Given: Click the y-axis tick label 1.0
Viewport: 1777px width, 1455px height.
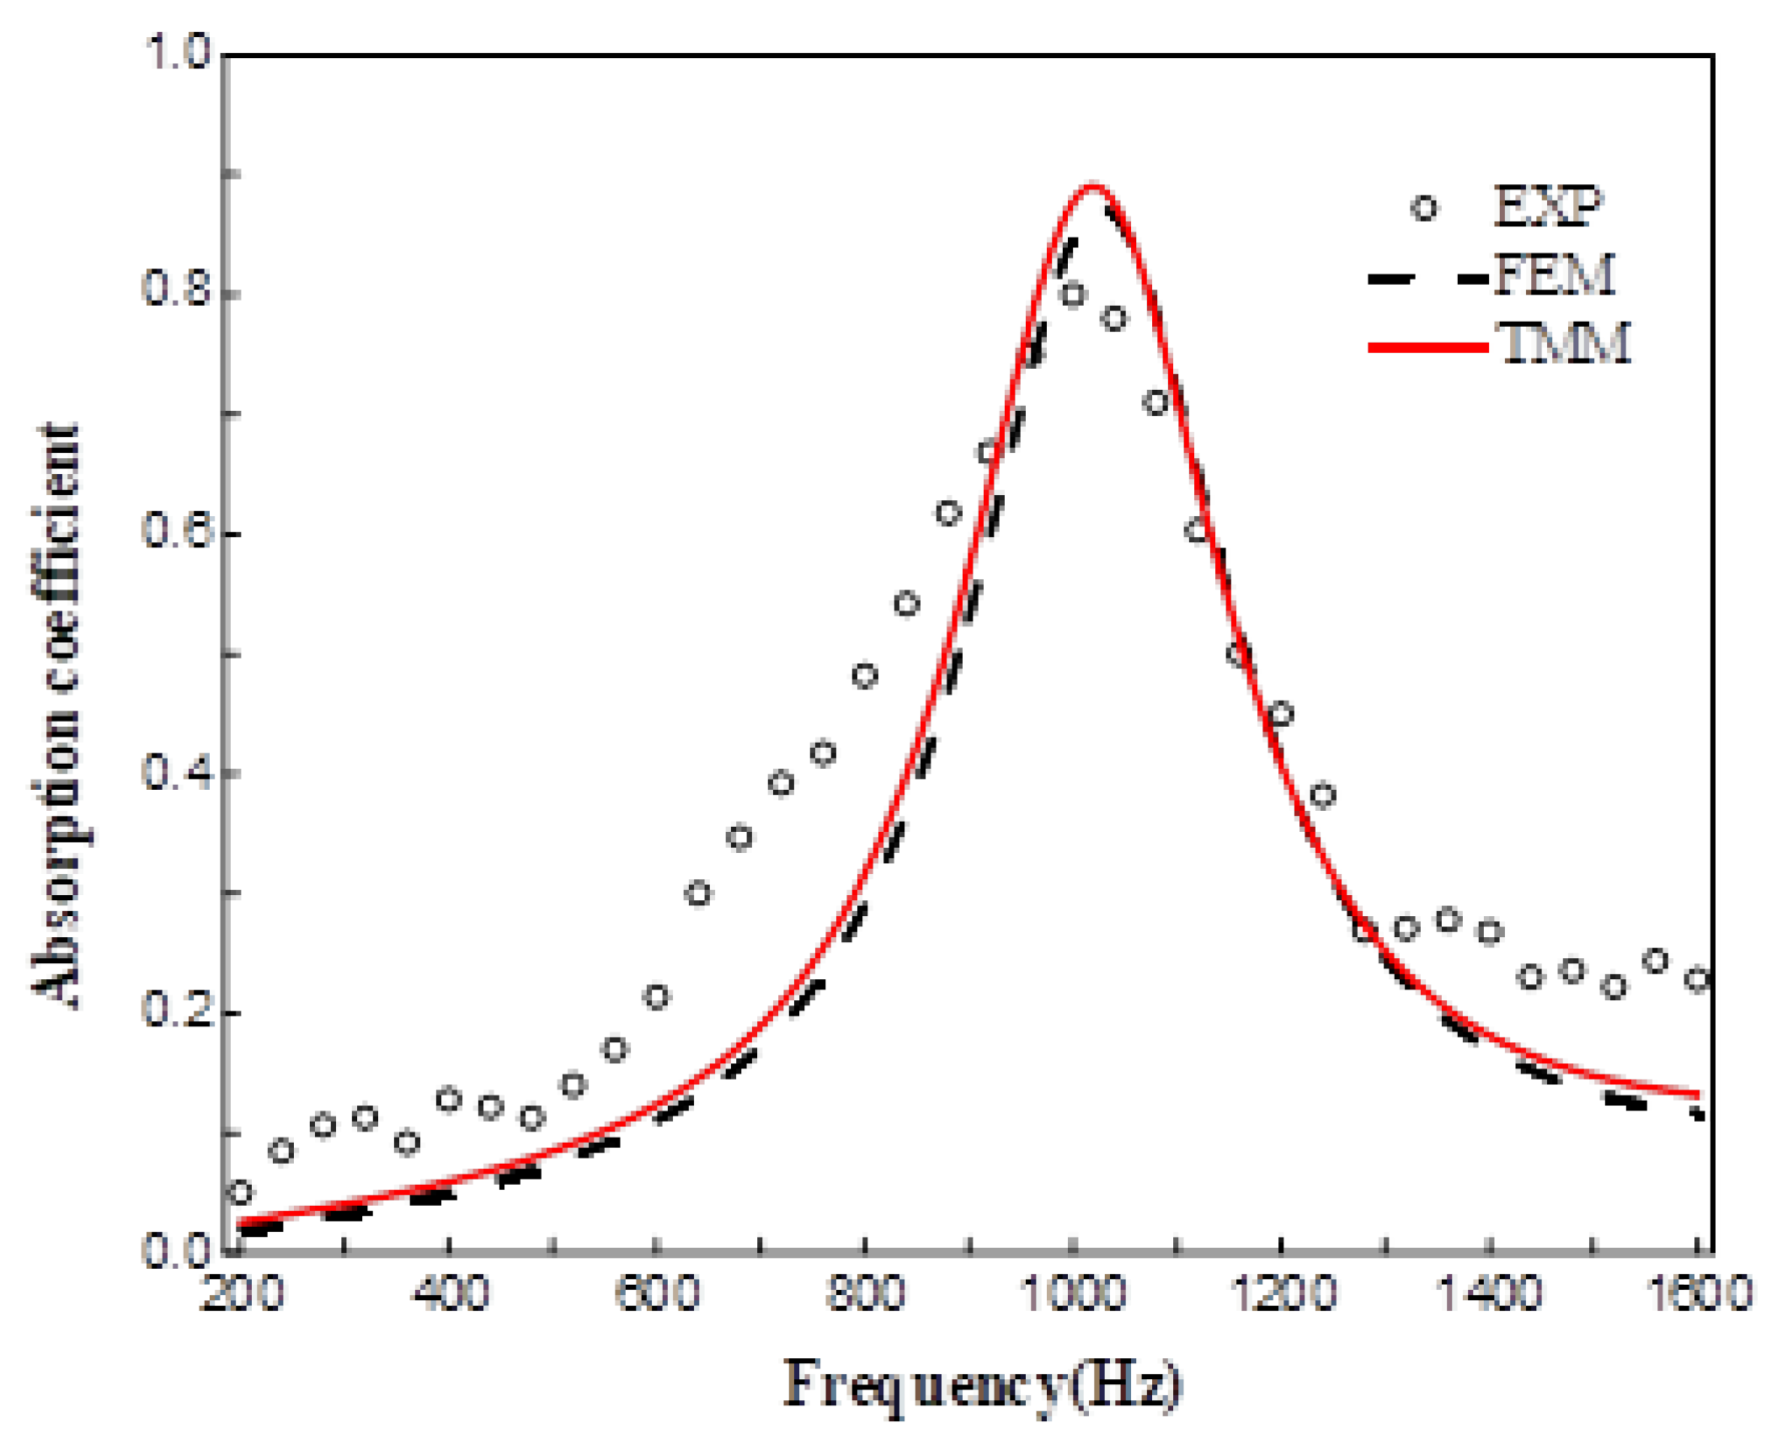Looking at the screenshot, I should [178, 52].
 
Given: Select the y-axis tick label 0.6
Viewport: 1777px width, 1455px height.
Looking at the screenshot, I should [178, 530].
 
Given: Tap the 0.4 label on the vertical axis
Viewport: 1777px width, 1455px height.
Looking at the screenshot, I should [178, 770].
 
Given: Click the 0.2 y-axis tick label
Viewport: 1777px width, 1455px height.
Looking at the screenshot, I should [178, 1009].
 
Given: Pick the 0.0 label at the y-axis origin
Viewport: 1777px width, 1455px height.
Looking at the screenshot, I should [178, 1250].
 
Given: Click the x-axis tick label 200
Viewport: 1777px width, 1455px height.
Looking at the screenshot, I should [242, 1293].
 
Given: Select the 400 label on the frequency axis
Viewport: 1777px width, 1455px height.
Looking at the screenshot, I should [451, 1293].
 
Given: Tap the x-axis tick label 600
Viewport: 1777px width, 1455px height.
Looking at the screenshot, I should [657, 1293].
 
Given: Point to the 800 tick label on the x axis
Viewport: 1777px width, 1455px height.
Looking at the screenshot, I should [865, 1293].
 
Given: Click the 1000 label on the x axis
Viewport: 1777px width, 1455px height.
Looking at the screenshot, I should [1073, 1293].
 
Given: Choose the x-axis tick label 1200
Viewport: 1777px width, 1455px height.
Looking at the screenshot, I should [1282, 1293].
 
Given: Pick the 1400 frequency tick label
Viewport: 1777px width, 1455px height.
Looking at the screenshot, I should [1490, 1293].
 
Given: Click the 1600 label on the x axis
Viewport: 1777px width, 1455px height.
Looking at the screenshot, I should [1698, 1293].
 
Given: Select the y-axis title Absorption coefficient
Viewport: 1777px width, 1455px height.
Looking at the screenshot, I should [57, 716].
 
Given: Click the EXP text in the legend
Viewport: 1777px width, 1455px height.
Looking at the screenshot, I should [1548, 206].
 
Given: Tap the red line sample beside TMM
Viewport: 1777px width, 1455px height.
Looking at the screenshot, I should [1427, 346].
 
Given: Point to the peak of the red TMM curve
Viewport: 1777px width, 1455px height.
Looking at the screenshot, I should [1091, 184].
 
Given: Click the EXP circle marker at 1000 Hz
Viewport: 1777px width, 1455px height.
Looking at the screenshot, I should [1072, 295].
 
